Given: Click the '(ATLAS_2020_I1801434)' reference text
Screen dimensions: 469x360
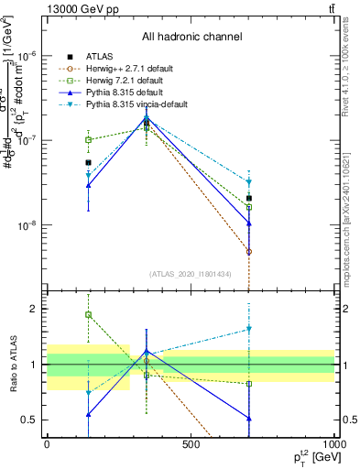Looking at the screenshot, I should tap(191, 274).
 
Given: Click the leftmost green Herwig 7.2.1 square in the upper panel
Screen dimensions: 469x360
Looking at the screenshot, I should tap(88, 140).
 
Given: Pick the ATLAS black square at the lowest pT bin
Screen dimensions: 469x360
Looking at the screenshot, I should tap(88, 163).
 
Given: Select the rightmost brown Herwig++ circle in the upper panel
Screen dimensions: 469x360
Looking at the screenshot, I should tap(248, 251).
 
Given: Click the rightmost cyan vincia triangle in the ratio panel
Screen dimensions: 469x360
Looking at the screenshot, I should tap(248, 329).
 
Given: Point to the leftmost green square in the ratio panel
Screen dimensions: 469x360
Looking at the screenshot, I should tap(88, 315).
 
